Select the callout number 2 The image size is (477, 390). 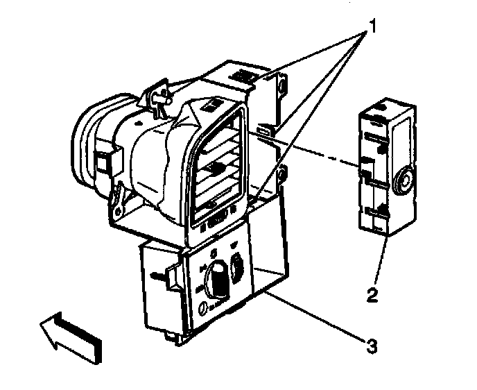point(372,295)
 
